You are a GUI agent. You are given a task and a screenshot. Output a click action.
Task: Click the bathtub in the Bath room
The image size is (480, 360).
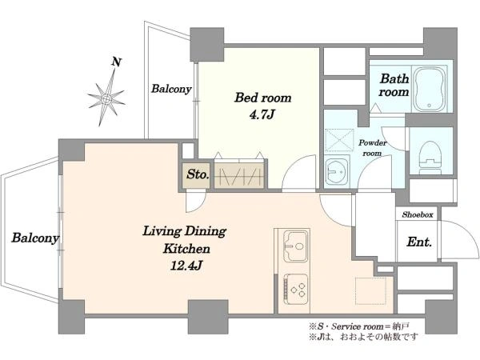click(430, 89)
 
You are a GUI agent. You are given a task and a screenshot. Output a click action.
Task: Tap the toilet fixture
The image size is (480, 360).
click(430, 158)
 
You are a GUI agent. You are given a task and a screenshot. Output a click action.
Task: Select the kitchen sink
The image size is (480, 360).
click(295, 246)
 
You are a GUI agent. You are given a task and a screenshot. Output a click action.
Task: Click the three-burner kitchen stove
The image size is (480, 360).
click(296, 290)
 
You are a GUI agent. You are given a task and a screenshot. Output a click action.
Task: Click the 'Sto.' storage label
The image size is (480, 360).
click(198, 174)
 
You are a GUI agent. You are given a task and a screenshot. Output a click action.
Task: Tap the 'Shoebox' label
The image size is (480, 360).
click(418, 214)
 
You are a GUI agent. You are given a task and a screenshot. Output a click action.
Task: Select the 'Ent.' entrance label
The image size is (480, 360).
click(419, 242)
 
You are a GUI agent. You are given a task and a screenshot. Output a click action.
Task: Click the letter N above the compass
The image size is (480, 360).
click(116, 62)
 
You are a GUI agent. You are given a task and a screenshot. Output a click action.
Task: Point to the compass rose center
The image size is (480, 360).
click(106, 99)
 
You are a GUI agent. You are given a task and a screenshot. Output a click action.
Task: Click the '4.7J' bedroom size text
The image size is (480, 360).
click(262, 115)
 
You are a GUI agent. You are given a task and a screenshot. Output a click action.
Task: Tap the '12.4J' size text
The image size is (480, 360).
click(186, 266)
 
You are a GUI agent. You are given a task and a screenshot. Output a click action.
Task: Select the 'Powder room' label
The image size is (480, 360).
click(373, 147)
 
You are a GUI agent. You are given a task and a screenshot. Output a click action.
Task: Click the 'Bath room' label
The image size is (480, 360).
click(394, 85)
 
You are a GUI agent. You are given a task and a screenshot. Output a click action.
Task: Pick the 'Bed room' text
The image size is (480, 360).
click(262, 98)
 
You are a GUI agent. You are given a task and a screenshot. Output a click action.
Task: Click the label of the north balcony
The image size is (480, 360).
click(171, 89)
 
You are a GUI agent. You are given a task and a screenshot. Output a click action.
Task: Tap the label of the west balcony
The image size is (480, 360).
click(35, 238)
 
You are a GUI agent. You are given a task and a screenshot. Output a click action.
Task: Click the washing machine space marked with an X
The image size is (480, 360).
click(339, 140)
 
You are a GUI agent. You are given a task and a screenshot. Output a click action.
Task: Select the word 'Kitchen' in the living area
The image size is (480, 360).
click(186, 248)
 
